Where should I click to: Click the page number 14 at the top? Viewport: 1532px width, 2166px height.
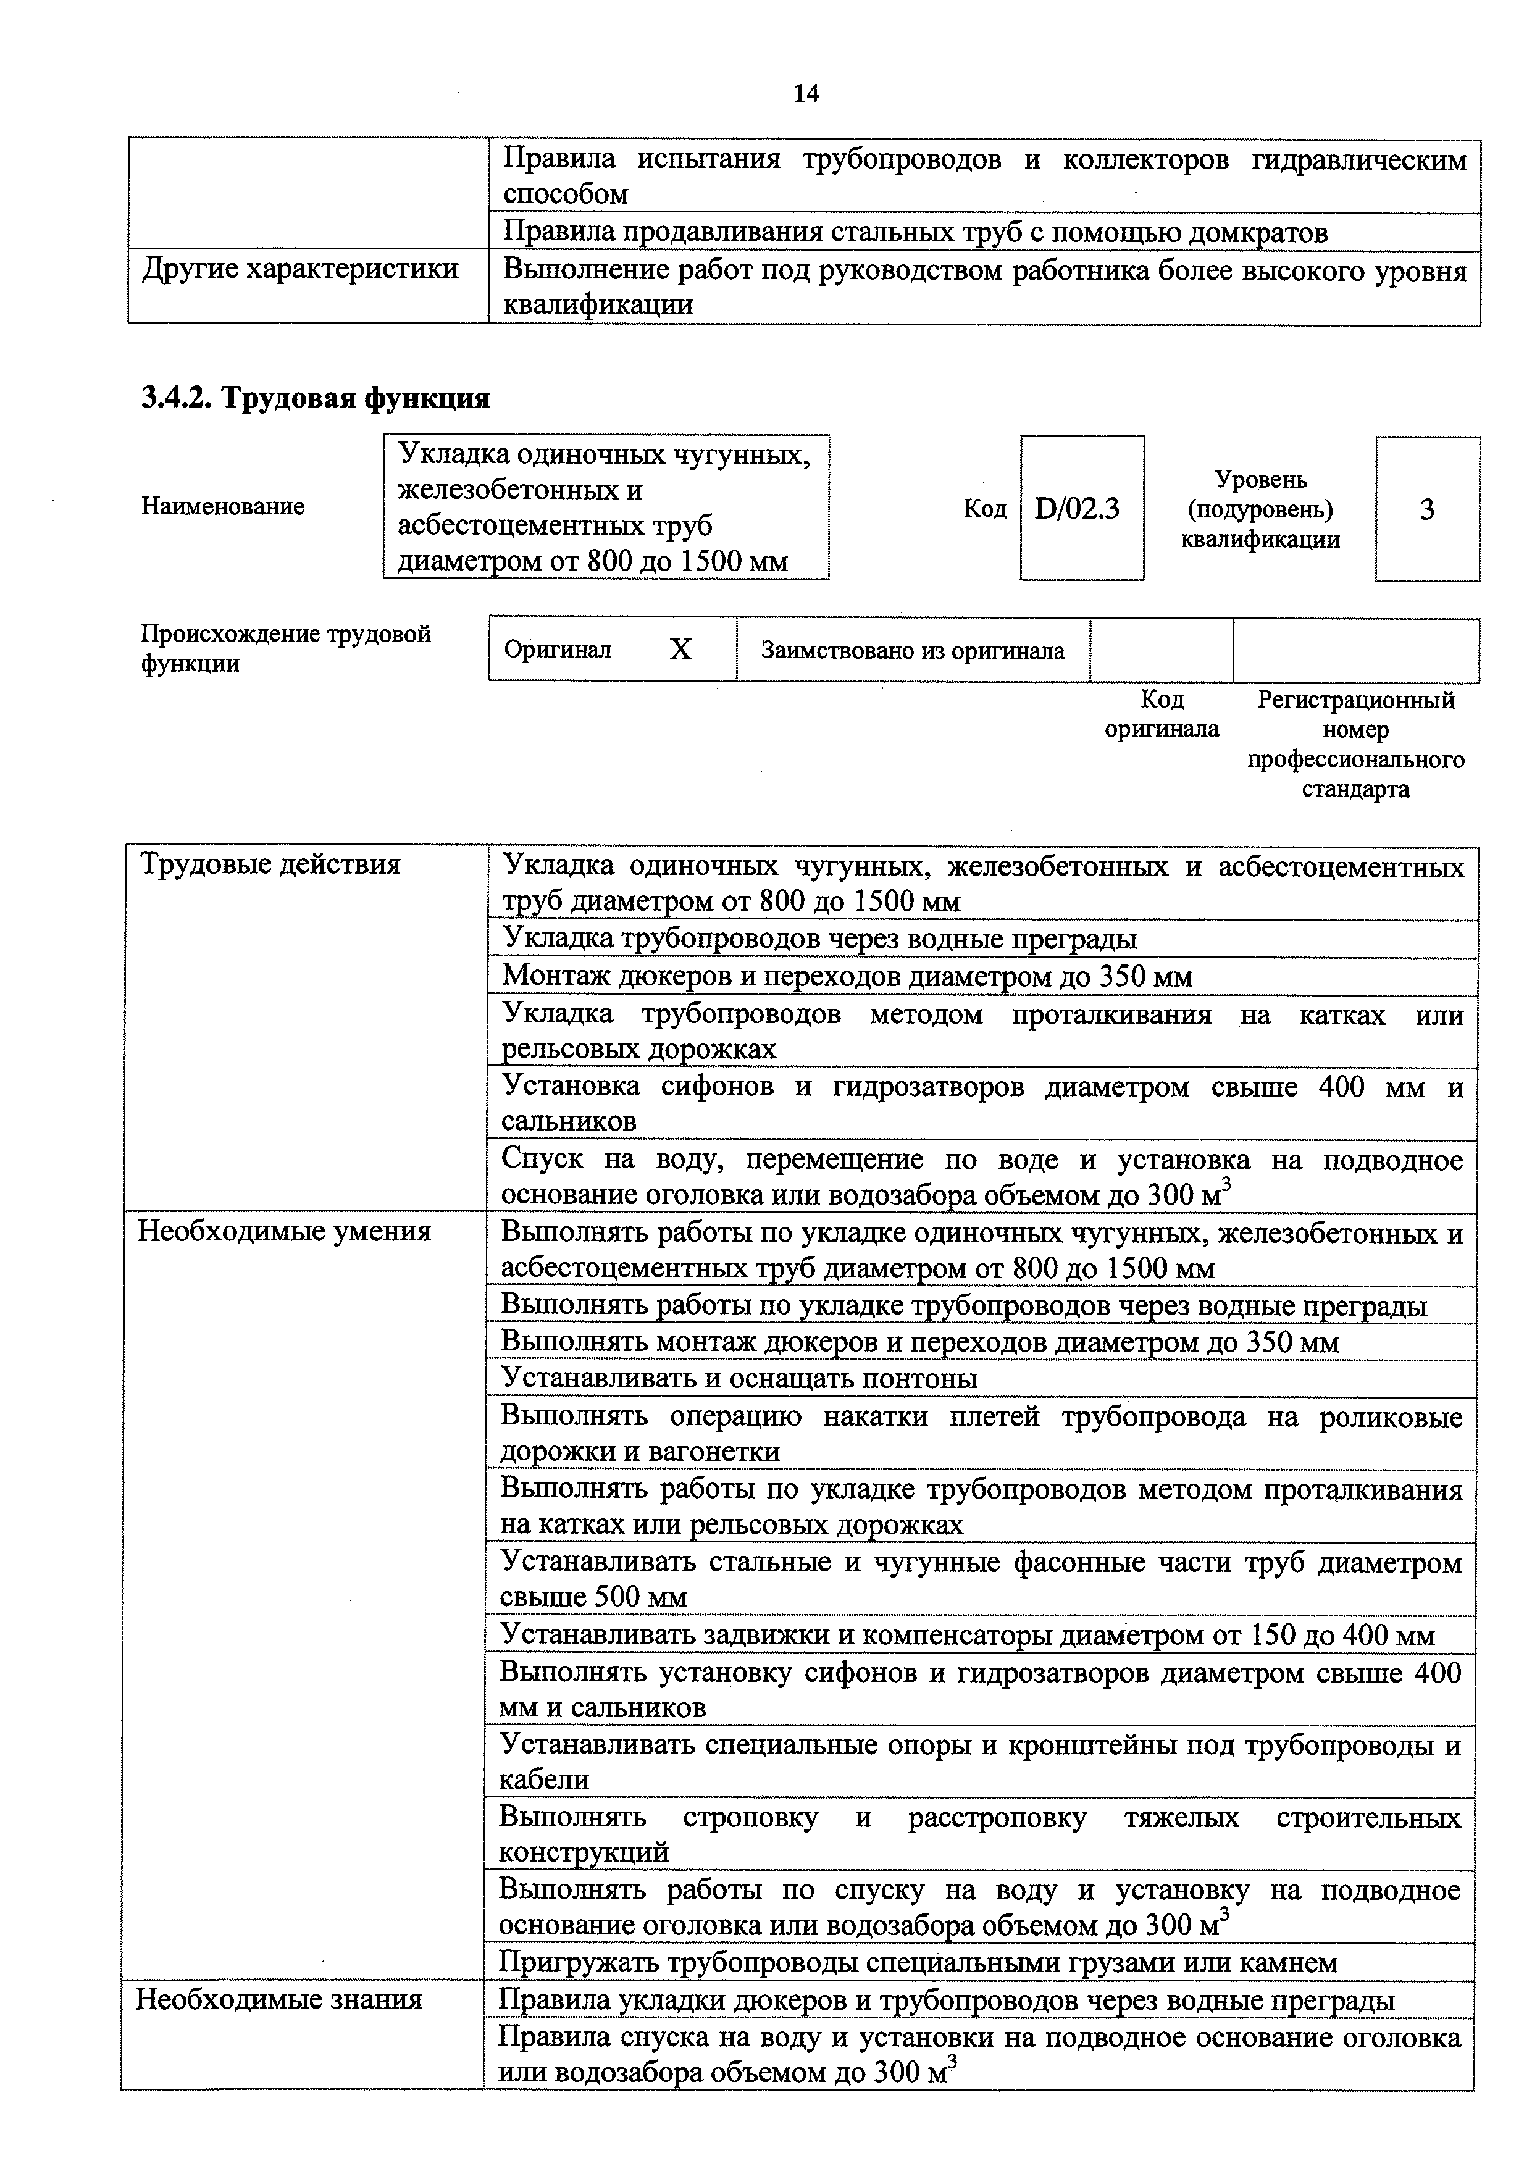[x=806, y=93]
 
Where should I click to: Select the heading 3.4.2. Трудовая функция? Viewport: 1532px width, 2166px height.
[x=315, y=398]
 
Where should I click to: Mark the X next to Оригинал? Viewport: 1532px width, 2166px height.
[x=680, y=650]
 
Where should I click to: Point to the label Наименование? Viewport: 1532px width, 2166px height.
[x=223, y=506]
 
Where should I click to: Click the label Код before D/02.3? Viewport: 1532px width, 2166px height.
[x=984, y=509]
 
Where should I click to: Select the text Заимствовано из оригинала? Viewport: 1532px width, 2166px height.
[x=912, y=651]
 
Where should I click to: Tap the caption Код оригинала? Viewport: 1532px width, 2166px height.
[x=1162, y=714]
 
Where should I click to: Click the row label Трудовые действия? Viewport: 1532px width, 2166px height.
[x=270, y=864]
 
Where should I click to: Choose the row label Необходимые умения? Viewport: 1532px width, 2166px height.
[x=284, y=1231]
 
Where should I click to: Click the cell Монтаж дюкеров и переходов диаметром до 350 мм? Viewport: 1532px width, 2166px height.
[x=846, y=976]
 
